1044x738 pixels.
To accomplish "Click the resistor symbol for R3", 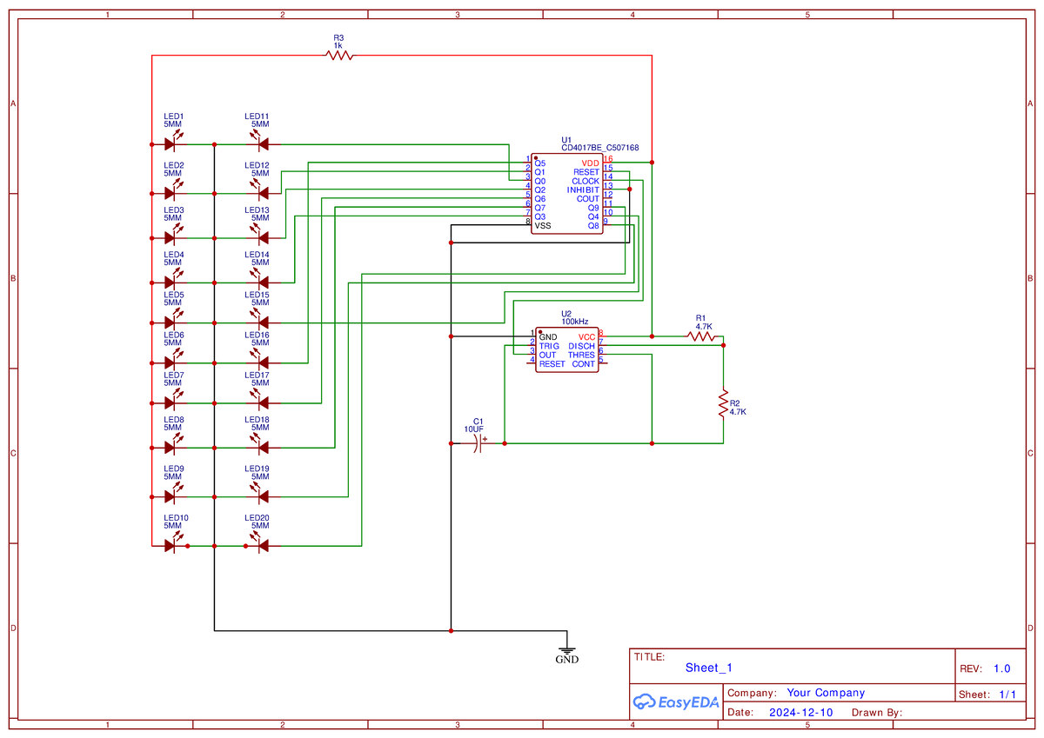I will [339, 56].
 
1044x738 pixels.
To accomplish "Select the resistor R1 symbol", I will [701, 336].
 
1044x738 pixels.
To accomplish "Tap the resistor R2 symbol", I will [722, 403].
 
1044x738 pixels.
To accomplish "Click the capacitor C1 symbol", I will [478, 444].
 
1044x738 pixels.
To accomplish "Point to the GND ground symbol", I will [566, 648].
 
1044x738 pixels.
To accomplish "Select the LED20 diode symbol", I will [258, 546].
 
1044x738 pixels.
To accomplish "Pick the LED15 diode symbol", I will [258, 323].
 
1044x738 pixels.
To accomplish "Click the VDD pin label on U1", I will [590, 163].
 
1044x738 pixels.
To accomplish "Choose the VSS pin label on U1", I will [542, 226].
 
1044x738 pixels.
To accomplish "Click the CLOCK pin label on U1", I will [585, 181].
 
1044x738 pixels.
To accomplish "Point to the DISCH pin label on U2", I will [581, 346].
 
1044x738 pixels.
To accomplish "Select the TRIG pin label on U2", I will [549, 346].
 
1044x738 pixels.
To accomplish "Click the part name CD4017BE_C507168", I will [599, 148].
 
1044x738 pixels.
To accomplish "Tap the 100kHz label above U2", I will [575, 322].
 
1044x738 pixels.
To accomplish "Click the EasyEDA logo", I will [675, 702].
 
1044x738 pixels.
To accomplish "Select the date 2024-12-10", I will [801, 712].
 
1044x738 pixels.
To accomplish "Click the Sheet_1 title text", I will [708, 668].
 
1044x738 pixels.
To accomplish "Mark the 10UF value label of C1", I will [473, 429].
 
